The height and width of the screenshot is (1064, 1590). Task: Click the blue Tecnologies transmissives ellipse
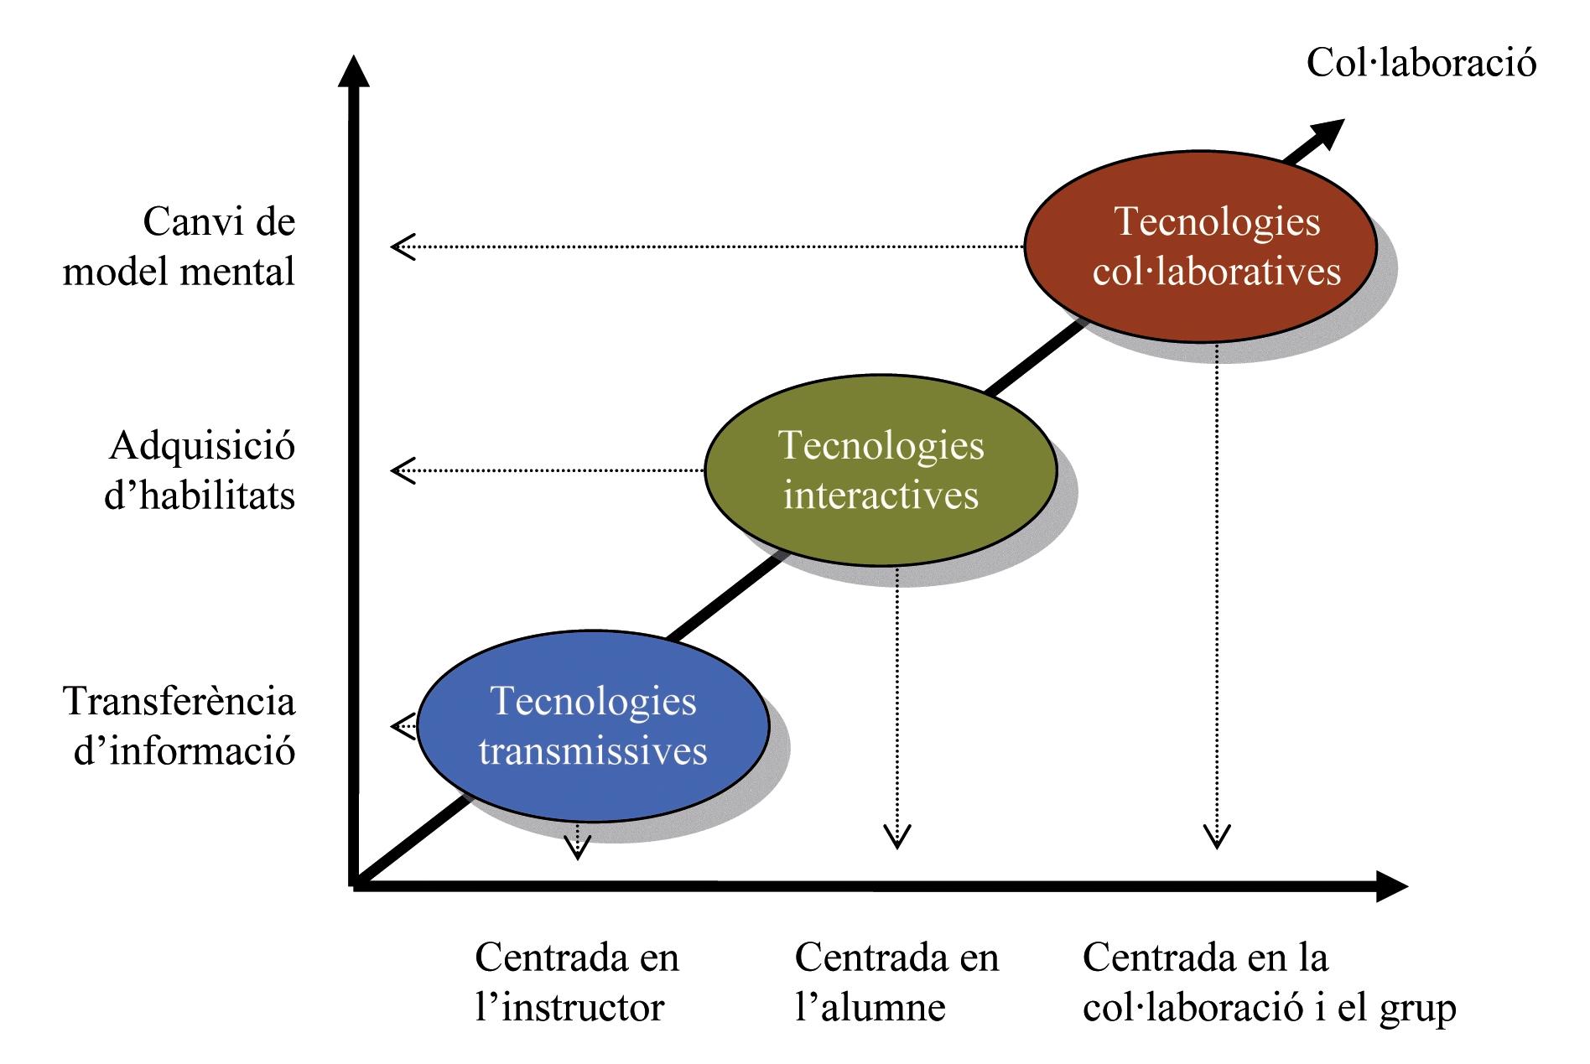point(593,726)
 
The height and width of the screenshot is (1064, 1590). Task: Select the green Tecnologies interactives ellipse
point(881,470)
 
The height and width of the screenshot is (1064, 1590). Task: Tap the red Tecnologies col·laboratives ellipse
point(1200,247)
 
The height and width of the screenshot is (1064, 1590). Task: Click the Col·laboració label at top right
point(1421,63)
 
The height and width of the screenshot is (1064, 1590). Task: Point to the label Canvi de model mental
point(179,247)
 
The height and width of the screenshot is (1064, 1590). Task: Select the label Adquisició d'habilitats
point(200,470)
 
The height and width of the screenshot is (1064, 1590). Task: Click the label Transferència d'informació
point(179,725)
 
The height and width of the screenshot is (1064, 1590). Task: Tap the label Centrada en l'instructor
point(576,982)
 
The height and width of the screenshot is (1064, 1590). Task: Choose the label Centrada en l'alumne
point(896,982)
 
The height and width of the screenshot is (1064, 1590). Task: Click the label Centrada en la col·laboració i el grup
point(1269,982)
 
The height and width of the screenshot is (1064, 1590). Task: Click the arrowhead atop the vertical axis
point(354,70)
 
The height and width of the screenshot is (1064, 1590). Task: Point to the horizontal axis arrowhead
point(1391,886)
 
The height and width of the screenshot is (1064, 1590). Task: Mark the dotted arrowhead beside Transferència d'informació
point(404,726)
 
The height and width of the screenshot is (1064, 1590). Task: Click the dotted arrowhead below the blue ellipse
point(576,849)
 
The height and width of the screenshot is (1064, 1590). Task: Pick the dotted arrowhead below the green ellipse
point(897,838)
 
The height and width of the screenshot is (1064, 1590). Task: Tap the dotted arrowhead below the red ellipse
point(1217,838)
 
